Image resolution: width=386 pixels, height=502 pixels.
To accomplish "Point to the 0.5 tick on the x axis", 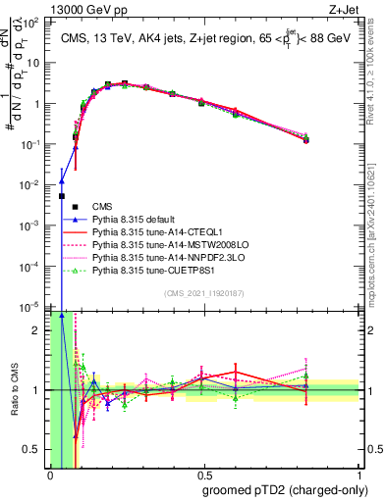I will click(x=203, y=476).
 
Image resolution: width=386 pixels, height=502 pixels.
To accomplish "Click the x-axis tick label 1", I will click(x=358, y=476).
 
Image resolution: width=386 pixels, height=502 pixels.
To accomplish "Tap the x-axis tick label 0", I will click(x=50, y=476).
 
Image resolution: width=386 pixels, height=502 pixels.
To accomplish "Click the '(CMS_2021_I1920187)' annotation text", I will click(x=204, y=293).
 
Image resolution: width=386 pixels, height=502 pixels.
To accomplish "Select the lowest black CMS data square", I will click(x=62, y=196).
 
